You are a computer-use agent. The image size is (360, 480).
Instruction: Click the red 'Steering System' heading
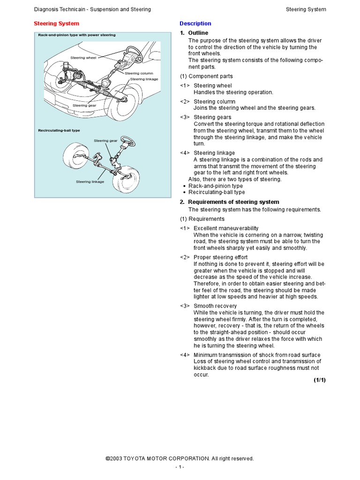pos(56,23)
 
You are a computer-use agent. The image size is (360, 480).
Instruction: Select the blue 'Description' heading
pos(195,23)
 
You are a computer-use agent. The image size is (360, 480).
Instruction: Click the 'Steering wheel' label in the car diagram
pos(83,58)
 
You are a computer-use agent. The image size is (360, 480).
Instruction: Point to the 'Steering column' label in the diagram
pos(139,74)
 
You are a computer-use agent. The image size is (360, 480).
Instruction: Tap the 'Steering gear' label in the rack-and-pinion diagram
pos(84,105)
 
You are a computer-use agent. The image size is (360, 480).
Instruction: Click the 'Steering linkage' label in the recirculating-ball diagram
pos(90,181)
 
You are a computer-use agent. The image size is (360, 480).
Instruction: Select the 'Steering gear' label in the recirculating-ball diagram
pos(105,141)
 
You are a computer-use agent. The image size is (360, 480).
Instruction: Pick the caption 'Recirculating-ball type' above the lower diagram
pos(59,130)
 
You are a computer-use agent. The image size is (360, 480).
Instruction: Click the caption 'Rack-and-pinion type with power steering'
pos(76,35)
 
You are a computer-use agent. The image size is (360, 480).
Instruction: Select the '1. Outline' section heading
pos(194,33)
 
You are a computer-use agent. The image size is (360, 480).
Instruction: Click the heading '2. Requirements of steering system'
pos(230,202)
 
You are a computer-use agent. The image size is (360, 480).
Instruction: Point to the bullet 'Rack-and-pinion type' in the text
pos(215,186)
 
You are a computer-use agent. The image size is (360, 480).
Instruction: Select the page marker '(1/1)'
pos(319,380)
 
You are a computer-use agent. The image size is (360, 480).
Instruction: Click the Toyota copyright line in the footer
pos(180,458)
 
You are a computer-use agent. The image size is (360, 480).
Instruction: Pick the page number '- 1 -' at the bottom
pos(180,467)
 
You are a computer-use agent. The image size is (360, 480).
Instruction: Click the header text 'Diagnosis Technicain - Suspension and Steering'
pos(92,9)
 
